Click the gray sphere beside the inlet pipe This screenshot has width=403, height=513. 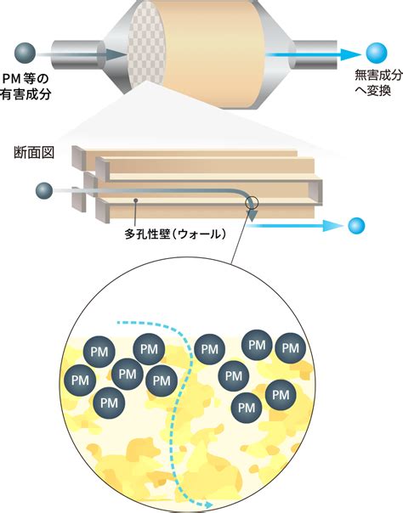pos(25,54)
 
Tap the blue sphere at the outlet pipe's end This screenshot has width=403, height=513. pos(377,53)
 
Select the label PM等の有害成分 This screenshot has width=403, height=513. pos(26,87)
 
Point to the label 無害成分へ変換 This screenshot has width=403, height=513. pos(379,82)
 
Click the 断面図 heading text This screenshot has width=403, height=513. pos(34,153)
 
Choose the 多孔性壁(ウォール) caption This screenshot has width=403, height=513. pos(175,234)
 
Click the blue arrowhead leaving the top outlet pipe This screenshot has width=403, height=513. pos(350,54)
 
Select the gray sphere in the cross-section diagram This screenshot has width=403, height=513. pos(44,191)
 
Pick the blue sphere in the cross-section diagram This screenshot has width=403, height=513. pos(356,226)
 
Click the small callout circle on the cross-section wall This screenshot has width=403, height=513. pos(252,203)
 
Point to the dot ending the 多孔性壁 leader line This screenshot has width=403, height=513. pos(135,200)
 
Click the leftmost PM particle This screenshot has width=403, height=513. pos(80,381)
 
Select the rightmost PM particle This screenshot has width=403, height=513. pos(291,348)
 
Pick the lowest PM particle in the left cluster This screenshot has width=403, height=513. pos(110,403)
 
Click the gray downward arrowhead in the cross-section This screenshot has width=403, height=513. pos(252,215)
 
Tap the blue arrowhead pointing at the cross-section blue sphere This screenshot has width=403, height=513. pos(332,226)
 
